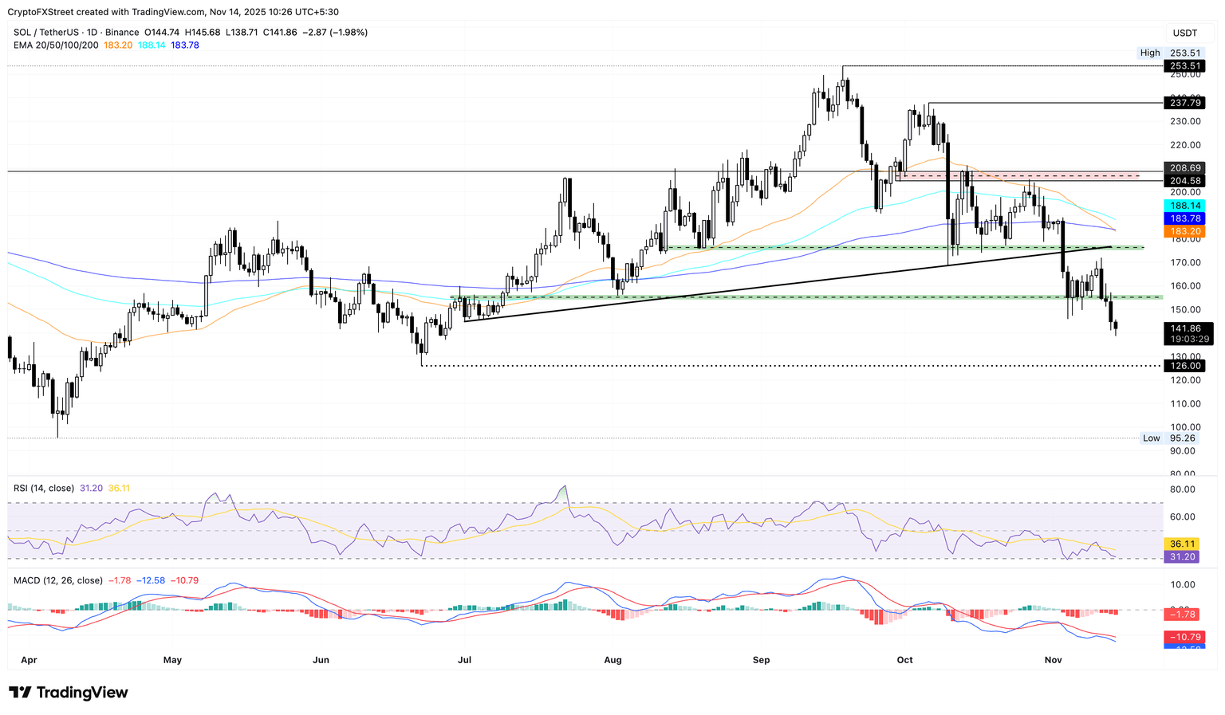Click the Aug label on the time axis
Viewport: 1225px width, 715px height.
pyautogui.click(x=612, y=660)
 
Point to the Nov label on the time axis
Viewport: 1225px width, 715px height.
pyautogui.click(x=1054, y=660)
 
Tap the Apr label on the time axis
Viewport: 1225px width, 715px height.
pyautogui.click(x=29, y=660)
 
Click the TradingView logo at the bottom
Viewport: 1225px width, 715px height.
pyautogui.click(x=69, y=693)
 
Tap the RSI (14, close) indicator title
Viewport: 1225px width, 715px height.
pyautogui.click(x=44, y=488)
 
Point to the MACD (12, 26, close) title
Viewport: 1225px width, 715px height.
pyautogui.click(x=58, y=580)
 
